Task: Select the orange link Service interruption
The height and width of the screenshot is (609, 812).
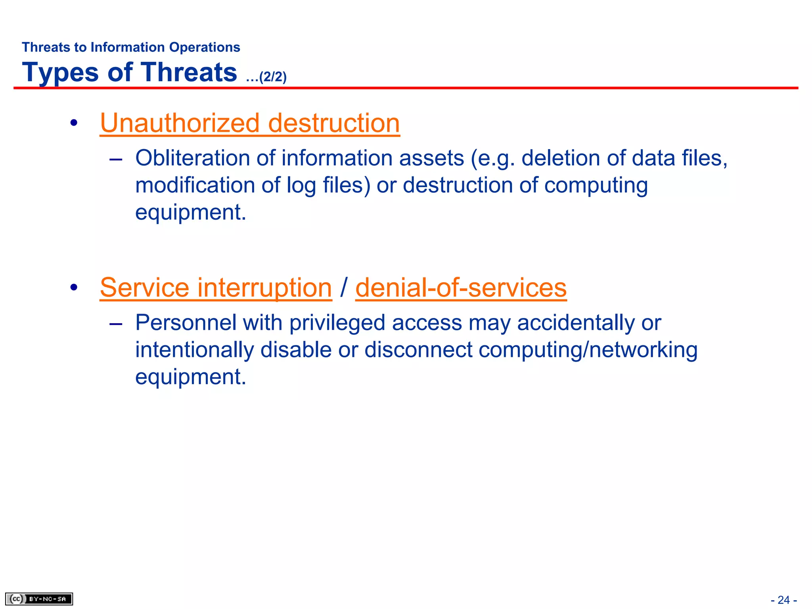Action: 216,287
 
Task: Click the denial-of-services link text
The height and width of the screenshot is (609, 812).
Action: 461,287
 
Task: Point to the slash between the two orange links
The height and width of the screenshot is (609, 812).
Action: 344,287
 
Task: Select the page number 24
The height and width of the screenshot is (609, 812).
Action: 783,600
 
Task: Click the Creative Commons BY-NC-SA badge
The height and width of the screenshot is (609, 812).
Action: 39,599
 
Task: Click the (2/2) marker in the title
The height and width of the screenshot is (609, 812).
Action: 272,77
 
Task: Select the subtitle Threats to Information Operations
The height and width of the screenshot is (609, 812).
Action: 131,47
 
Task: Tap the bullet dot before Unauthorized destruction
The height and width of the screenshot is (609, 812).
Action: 74,123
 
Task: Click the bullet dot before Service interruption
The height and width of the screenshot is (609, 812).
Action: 74,287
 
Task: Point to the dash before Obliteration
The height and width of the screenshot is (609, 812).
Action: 115,159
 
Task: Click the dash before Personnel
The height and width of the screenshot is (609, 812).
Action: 115,324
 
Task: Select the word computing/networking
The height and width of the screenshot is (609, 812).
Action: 588,350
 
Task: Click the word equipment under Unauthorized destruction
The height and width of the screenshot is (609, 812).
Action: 190,213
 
